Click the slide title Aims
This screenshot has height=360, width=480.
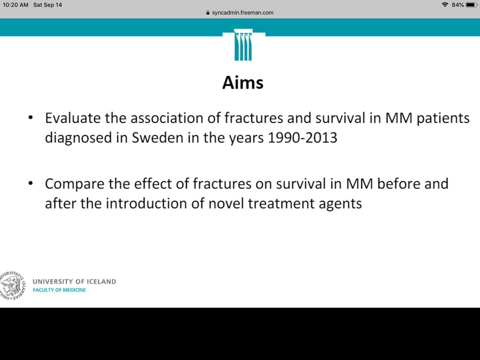(243, 83)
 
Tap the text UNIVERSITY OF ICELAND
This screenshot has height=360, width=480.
(74, 282)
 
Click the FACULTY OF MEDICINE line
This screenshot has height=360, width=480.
(59, 290)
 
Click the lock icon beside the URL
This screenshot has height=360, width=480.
(207, 12)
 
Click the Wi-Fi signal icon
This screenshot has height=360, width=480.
(445, 5)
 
